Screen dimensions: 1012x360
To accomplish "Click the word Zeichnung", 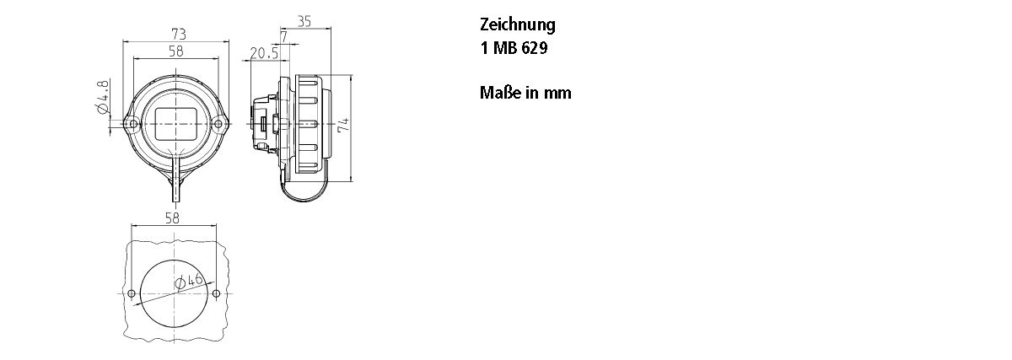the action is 517,25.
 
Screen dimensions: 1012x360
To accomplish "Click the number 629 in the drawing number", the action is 534,49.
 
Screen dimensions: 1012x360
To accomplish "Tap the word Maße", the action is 499,93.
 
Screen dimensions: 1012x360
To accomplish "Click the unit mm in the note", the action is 557,93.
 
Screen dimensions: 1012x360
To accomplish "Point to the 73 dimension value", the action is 178,33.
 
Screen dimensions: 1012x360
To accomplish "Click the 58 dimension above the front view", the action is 176,51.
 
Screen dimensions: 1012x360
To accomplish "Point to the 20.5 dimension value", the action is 265,53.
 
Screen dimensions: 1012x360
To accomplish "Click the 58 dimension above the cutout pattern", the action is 173,218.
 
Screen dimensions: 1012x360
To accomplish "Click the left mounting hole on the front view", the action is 133,125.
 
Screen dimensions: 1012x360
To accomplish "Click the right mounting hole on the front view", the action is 218,125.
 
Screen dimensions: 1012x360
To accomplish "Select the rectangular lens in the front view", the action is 175,124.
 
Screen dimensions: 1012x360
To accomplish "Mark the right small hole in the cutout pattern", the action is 216,293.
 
